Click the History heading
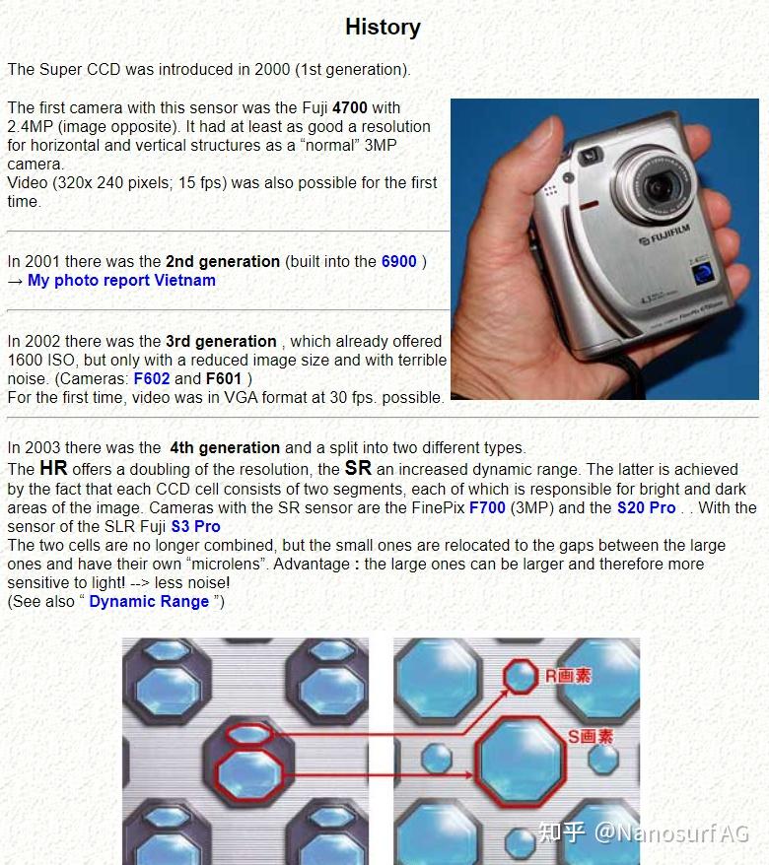tap(384, 27)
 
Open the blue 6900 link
tap(398, 261)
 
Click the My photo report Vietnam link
tap(121, 280)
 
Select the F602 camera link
tap(151, 379)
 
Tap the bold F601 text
tap(224, 379)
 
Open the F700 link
tap(487, 507)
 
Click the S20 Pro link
tap(646, 507)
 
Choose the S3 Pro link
tap(195, 526)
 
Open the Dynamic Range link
tap(149, 601)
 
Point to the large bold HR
tap(53, 468)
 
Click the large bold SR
tap(358, 468)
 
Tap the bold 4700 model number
tap(349, 107)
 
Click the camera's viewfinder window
tap(590, 155)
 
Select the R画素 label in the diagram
tap(568, 676)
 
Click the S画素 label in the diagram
tap(591, 736)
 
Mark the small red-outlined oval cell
tap(249, 734)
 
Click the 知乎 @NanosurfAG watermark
tap(643, 832)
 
